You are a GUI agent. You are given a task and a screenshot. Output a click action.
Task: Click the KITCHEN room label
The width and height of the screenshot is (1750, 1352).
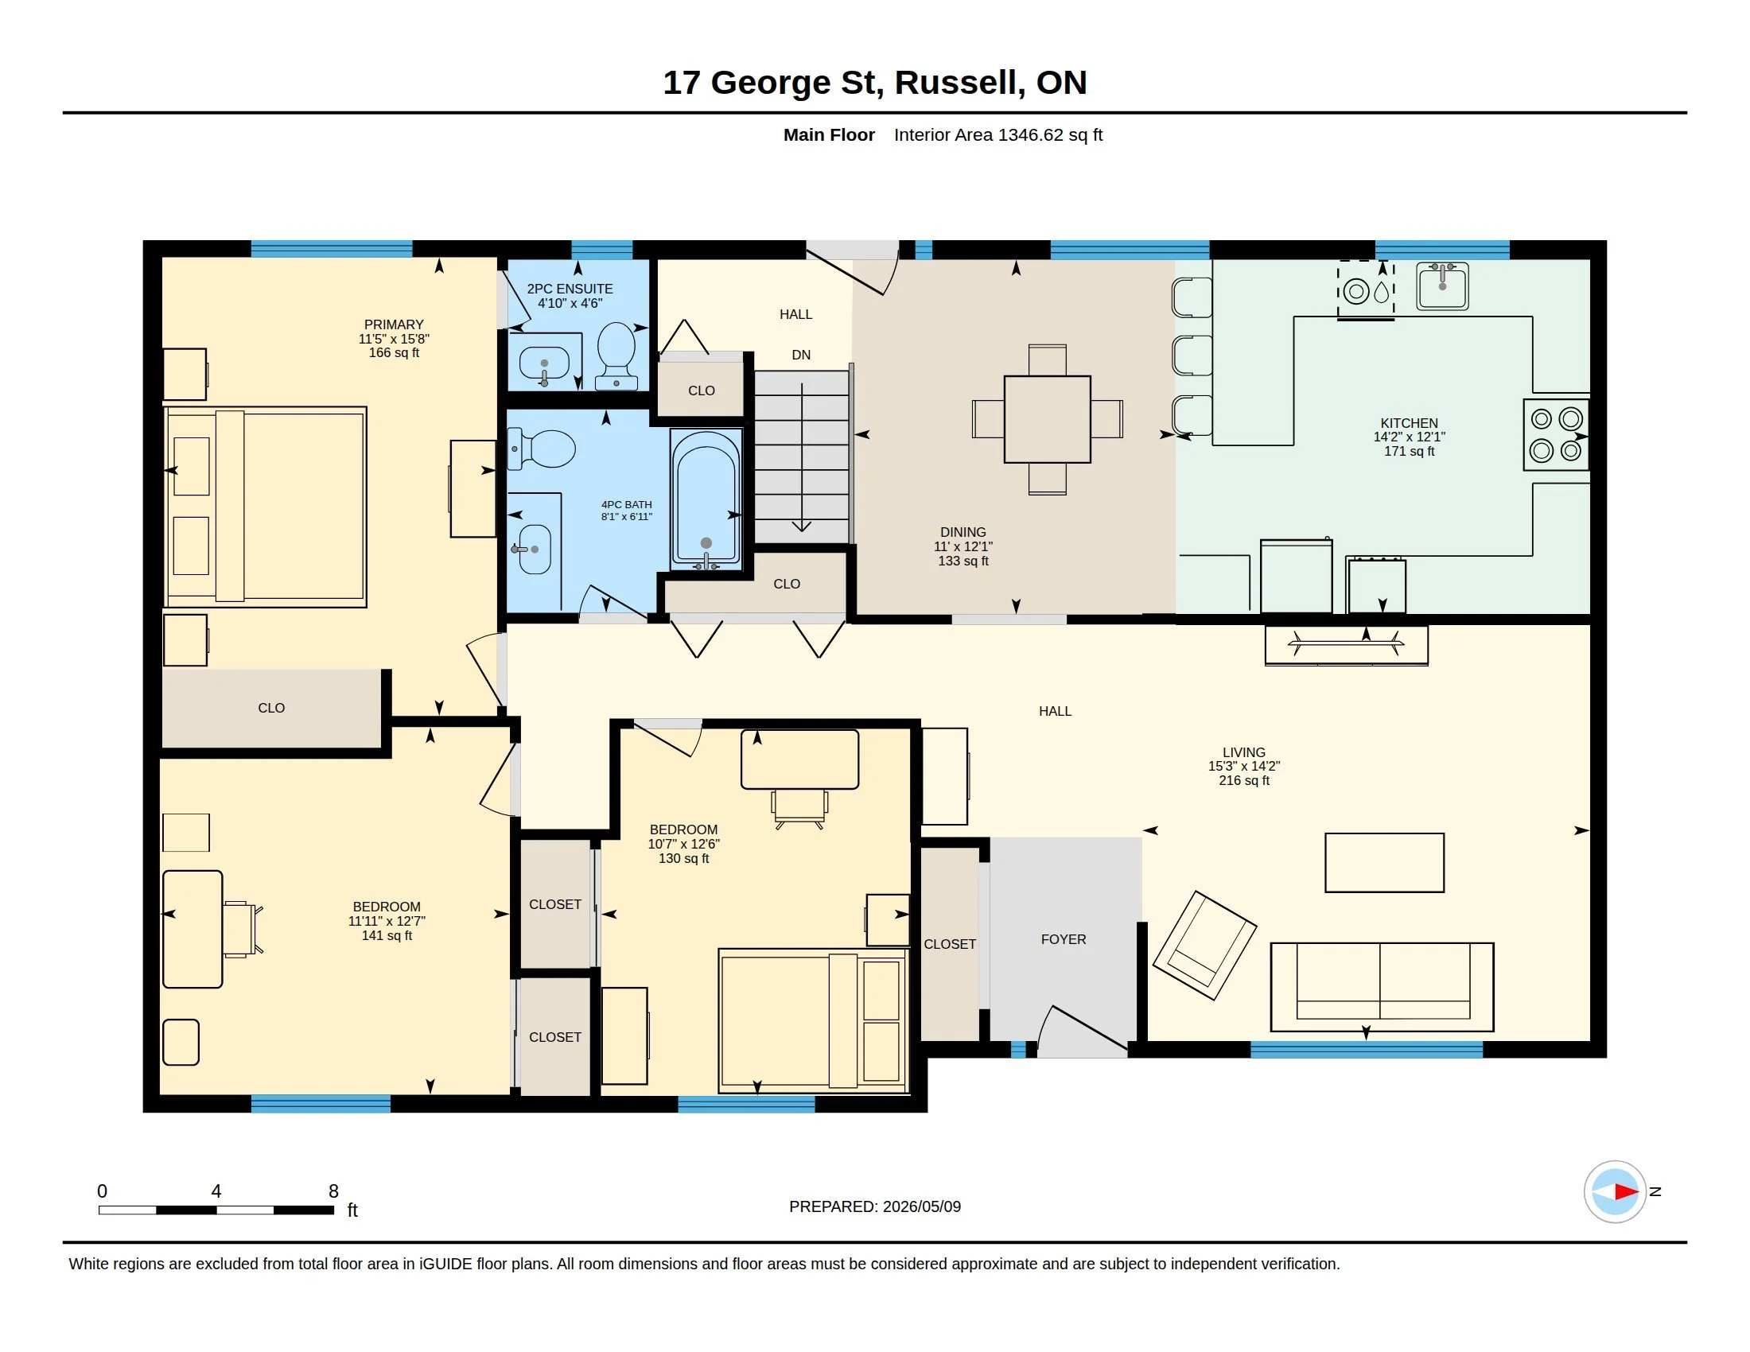pyautogui.click(x=1409, y=423)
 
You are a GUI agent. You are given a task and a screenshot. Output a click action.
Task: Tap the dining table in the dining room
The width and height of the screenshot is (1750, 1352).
pyautogui.click(x=1047, y=419)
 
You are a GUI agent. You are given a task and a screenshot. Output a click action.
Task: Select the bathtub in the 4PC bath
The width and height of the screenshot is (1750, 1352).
pyautogui.click(x=706, y=499)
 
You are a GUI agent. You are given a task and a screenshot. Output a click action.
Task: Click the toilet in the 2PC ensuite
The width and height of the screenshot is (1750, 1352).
pyautogui.click(x=616, y=355)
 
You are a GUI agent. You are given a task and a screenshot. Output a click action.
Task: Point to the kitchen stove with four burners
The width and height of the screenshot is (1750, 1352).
pyautogui.click(x=1555, y=435)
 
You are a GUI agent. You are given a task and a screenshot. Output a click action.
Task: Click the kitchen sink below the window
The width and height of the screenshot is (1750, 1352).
pyautogui.click(x=1442, y=286)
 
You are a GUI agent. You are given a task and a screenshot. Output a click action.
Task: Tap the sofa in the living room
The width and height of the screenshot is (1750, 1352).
pyautogui.click(x=1382, y=987)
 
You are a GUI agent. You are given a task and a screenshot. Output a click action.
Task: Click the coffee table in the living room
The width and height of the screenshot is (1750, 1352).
pyautogui.click(x=1385, y=863)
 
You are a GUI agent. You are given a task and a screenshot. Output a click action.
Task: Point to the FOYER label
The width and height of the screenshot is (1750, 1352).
pyautogui.click(x=1064, y=939)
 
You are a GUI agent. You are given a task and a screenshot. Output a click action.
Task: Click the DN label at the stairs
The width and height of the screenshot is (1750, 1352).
pyautogui.click(x=801, y=355)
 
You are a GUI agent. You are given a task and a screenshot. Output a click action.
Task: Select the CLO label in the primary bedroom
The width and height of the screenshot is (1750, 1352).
pyautogui.click(x=271, y=708)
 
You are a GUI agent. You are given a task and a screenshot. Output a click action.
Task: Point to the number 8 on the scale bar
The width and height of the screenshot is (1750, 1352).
pyautogui.click(x=333, y=1191)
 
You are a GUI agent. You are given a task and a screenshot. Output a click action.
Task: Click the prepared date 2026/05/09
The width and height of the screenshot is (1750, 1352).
pyautogui.click(x=921, y=1206)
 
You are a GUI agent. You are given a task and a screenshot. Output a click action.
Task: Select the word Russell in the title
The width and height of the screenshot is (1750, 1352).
pyautogui.click(x=959, y=84)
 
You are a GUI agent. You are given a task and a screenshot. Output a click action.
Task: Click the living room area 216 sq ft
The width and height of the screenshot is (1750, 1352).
pyautogui.click(x=1243, y=780)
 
